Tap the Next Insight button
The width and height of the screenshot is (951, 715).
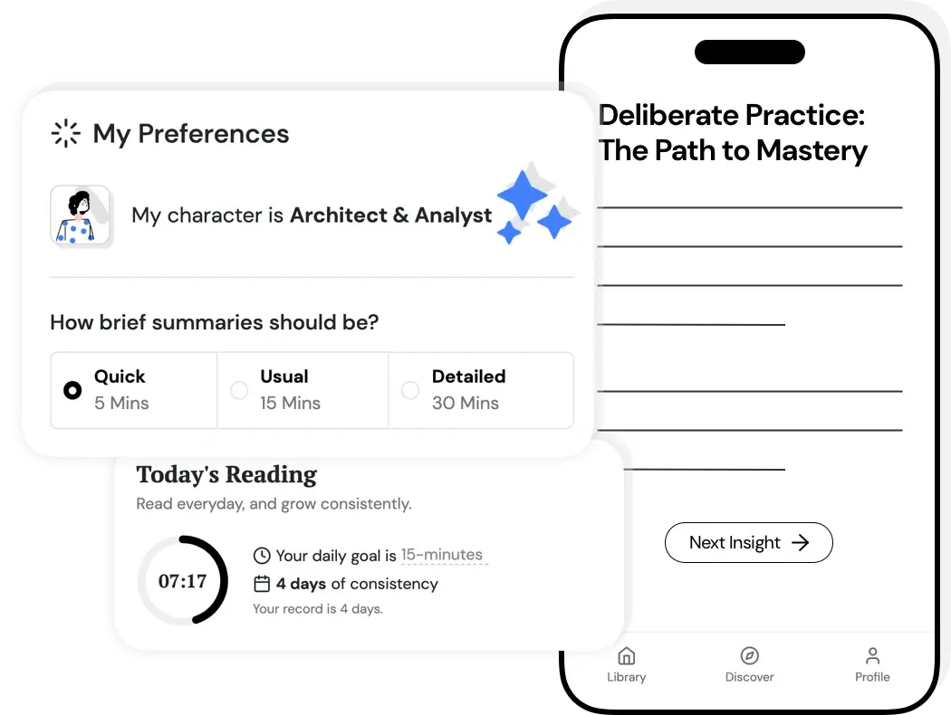[748, 542]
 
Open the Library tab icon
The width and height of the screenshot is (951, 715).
[626, 655]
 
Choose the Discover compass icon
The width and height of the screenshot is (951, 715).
[749, 655]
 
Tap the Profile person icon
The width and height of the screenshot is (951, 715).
[872, 655]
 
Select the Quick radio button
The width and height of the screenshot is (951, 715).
[72, 390]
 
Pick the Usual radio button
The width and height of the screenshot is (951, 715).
[239, 390]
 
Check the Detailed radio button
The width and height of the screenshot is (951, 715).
[410, 390]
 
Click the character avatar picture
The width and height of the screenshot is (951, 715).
[81, 216]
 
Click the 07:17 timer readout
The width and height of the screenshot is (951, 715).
[182, 581]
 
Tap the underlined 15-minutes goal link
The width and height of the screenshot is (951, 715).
[442, 555]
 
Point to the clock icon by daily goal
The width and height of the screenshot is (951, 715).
[262, 556]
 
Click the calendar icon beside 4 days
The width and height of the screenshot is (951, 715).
[262, 584]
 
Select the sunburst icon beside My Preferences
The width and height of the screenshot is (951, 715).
[66, 134]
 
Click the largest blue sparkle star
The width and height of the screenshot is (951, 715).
[523, 195]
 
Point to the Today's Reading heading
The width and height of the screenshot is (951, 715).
[226, 474]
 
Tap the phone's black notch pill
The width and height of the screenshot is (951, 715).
[749, 52]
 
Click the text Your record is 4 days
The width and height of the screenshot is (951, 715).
[317, 609]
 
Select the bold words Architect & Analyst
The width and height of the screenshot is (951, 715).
[390, 215]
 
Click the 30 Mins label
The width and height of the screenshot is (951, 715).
[466, 403]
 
